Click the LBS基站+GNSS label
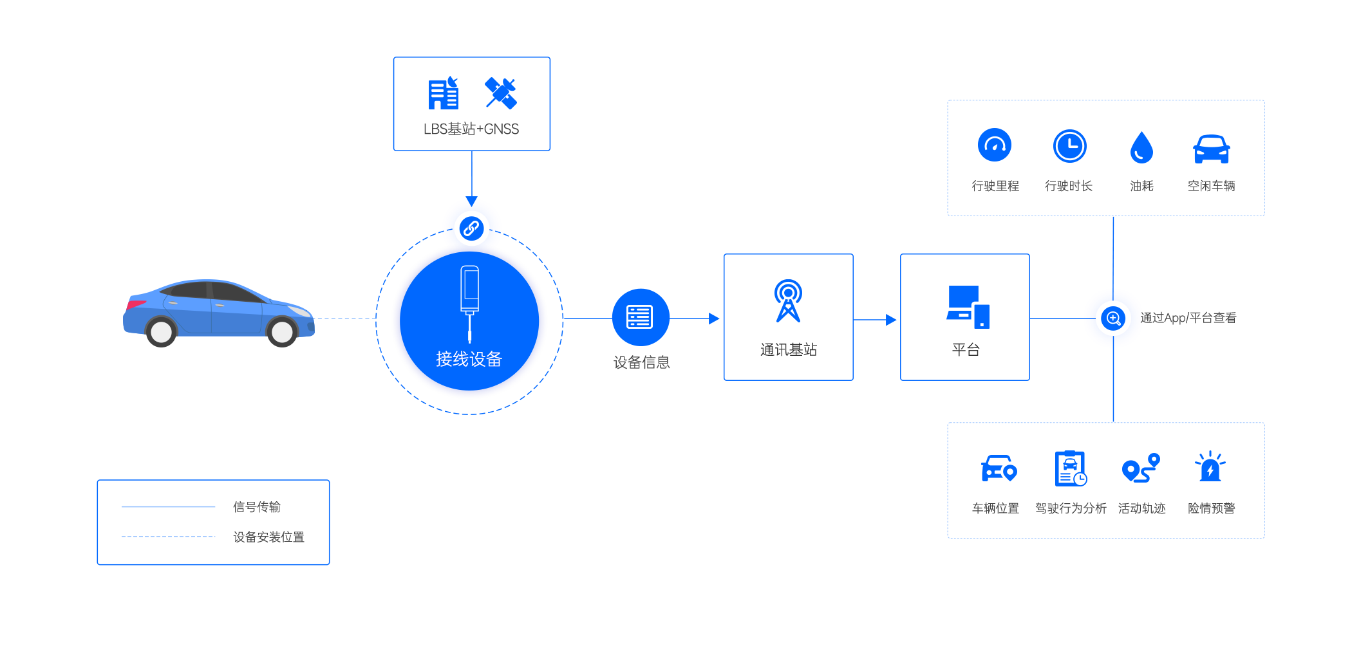pos(471,129)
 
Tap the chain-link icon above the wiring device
pos(471,228)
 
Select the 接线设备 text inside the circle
pos(469,359)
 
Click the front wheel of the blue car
pos(282,331)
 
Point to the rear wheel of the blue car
pos(161,331)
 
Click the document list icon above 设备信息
pos(639,317)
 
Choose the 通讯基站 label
pos(789,350)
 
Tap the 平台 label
pos(966,350)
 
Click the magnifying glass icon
pos(1113,318)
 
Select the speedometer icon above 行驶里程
pos(995,145)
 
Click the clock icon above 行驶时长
pos(1069,146)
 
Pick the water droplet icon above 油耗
pos(1141,147)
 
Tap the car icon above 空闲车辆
pos(1211,149)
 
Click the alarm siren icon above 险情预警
pos(1210,467)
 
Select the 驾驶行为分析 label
pos(1071,508)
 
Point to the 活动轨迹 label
pos(1142,508)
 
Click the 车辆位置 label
pos(995,508)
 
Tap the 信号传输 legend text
pos(257,507)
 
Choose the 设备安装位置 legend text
pos(268,537)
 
